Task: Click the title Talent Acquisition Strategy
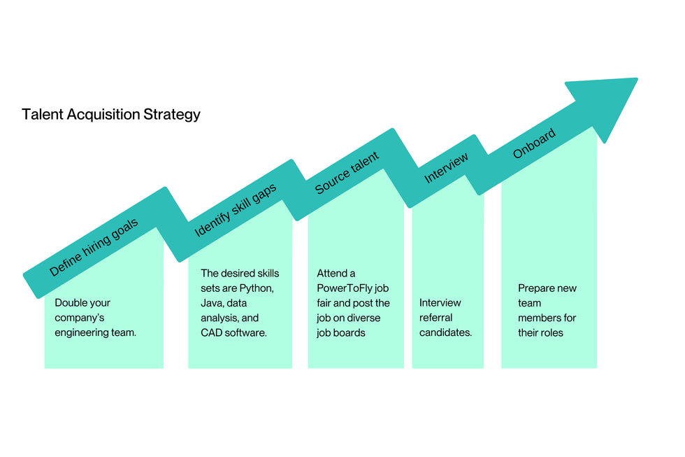[111, 114]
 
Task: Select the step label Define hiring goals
[94, 247]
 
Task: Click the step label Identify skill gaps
[236, 210]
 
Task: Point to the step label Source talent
[347, 173]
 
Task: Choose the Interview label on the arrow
[447, 168]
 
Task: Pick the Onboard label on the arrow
[535, 143]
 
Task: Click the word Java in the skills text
[212, 303]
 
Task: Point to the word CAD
[212, 332]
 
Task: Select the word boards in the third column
[351, 332]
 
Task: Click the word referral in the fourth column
[435, 318]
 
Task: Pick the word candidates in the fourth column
[445, 332]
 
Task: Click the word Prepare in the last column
[537, 288]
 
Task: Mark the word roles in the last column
[551, 332]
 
